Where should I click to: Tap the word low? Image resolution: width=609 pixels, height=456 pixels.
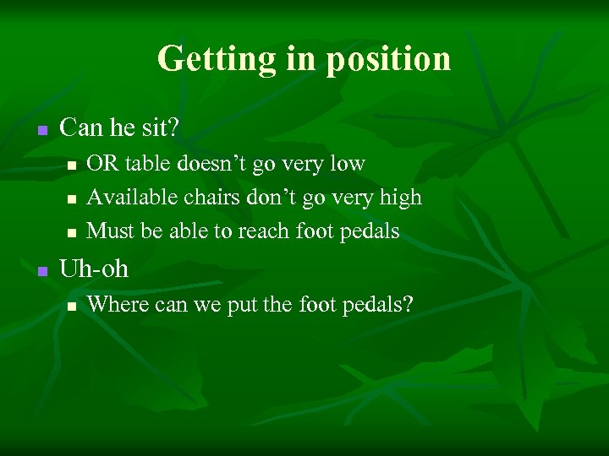point(346,163)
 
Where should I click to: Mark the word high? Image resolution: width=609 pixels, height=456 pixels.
point(399,198)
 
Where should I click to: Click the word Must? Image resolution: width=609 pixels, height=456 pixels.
point(107,231)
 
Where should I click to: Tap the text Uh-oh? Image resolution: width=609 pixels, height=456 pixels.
point(95,269)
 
